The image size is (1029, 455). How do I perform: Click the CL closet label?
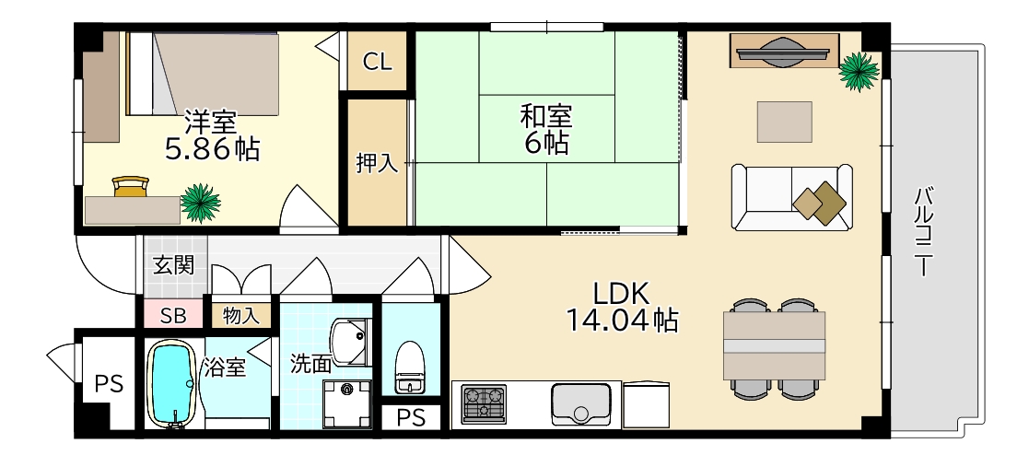click(377, 62)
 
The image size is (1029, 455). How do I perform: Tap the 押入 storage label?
click(377, 164)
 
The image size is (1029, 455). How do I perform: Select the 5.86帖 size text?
click(211, 147)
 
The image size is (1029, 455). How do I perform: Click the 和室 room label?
click(546, 117)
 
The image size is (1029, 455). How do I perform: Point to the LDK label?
click(622, 293)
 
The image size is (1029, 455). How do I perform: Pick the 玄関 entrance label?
click(173, 266)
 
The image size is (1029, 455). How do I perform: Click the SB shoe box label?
click(173, 316)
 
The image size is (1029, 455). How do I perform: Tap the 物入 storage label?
click(241, 316)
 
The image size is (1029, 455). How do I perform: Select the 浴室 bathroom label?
click(224, 368)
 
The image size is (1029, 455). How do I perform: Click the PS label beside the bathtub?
click(109, 384)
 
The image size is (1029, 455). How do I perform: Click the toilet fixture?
click(408, 366)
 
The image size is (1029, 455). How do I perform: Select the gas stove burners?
click(484, 403)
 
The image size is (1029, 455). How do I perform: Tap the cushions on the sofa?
click(820, 202)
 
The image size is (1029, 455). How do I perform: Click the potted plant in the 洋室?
click(200, 203)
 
